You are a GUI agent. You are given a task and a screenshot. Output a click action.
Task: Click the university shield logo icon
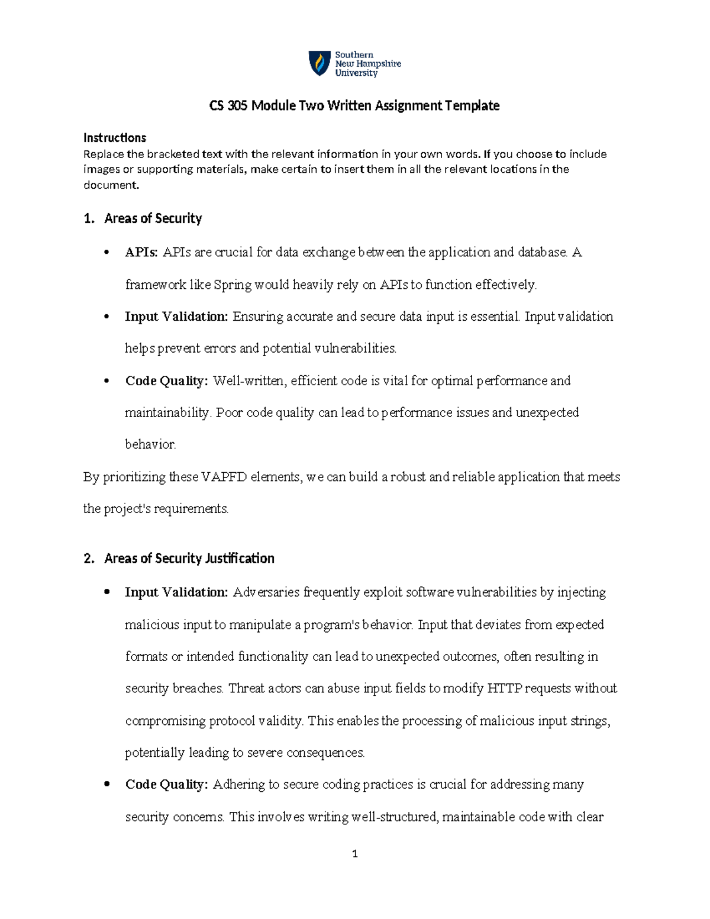(319, 63)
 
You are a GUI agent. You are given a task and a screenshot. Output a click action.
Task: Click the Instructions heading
(115, 138)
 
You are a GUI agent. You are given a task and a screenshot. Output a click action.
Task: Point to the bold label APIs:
(141, 253)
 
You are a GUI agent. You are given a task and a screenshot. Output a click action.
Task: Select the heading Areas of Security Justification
(189, 559)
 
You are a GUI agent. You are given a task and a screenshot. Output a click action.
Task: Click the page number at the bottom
(355, 854)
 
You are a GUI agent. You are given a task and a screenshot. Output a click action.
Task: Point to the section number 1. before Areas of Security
(89, 219)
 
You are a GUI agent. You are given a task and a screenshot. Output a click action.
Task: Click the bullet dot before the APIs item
(106, 253)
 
